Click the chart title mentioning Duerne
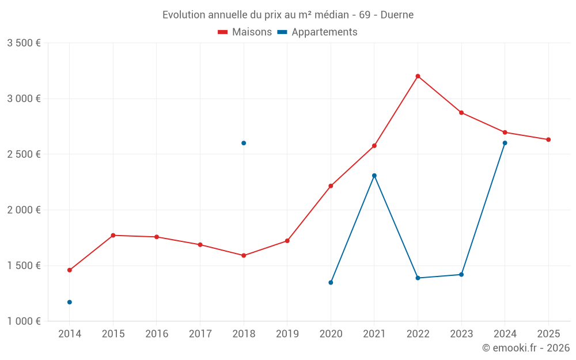tap(288, 14)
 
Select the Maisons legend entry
tap(245, 32)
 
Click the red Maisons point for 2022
tap(418, 76)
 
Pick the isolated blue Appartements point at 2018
tap(244, 143)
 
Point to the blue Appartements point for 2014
tap(70, 302)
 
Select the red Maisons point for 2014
tap(70, 270)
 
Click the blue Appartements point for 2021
tap(374, 176)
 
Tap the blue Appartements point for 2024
tap(505, 143)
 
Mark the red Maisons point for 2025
tap(548, 139)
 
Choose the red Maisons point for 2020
tap(331, 186)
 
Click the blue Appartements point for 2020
tap(331, 282)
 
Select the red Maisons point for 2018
tap(244, 255)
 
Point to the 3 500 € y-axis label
tap(24, 43)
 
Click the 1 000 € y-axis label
tap(24, 321)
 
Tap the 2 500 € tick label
tap(24, 154)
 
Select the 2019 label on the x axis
tap(287, 334)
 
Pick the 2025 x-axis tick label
tap(548, 334)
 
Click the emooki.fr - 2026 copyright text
tap(525, 348)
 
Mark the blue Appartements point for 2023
tap(461, 274)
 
